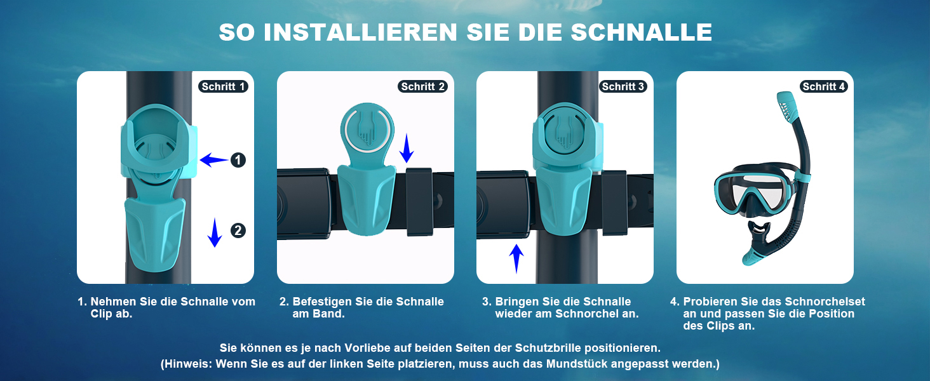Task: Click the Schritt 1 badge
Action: click(223, 86)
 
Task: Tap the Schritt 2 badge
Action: click(422, 86)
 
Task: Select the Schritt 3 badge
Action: click(623, 86)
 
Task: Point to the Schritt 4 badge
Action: click(823, 86)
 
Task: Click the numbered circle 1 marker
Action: click(238, 160)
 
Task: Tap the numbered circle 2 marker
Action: click(238, 231)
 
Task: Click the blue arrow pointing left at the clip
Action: click(214, 160)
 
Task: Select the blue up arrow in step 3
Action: click(516, 258)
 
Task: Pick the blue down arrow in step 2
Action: click(407, 148)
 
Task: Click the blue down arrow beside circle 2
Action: click(214, 232)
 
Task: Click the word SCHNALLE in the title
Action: click(642, 32)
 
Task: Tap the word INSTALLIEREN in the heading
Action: click(360, 32)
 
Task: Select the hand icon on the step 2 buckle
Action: click(367, 130)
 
